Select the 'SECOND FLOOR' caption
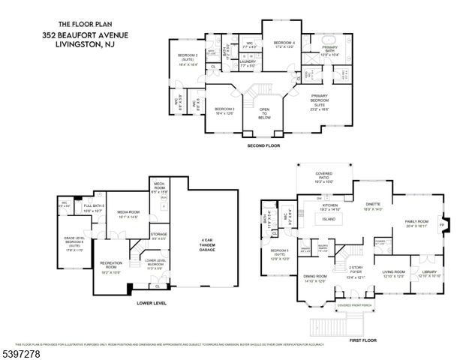263,145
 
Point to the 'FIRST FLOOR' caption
364,339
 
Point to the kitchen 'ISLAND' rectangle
329,220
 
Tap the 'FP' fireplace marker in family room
440,223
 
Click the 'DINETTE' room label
373,204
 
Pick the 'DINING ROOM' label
314,277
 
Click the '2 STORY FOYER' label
356,271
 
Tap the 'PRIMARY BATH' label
330,49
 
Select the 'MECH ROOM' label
159,187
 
